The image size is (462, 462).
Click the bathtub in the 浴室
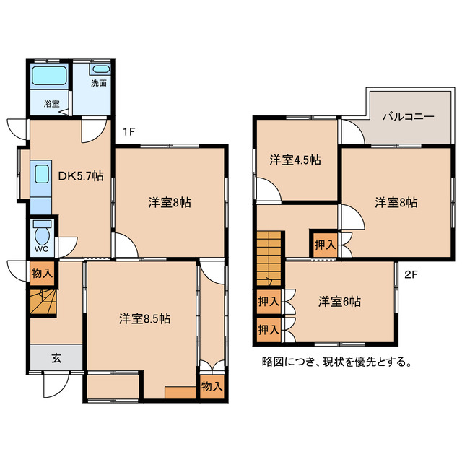pyautogui.click(x=49, y=76)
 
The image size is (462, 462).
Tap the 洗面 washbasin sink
pyautogui.click(x=101, y=69)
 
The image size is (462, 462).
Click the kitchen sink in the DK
pyautogui.click(x=42, y=174)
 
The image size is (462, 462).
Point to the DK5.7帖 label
pyautogui.click(x=81, y=176)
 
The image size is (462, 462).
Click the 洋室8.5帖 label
pyautogui.click(x=144, y=319)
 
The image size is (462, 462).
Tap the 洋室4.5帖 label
pyautogui.click(x=295, y=160)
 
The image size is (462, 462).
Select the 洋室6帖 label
pyautogui.click(x=339, y=302)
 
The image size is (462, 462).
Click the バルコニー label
pyautogui.click(x=409, y=117)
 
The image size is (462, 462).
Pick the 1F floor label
pyautogui.click(x=128, y=131)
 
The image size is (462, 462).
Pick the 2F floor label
pyautogui.click(x=411, y=275)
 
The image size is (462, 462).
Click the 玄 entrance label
pyautogui.click(x=56, y=359)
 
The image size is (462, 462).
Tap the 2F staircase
pyautogui.click(x=269, y=258)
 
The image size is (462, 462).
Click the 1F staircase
pyautogui.click(x=43, y=302)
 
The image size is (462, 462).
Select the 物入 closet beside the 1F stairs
pyautogui.click(x=43, y=274)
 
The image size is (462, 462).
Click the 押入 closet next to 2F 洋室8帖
pyautogui.click(x=325, y=244)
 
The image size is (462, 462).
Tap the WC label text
pyautogui.click(x=41, y=249)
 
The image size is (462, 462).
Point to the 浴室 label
pyautogui.click(x=52, y=104)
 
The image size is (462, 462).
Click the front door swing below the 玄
pyautogui.click(x=56, y=385)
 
